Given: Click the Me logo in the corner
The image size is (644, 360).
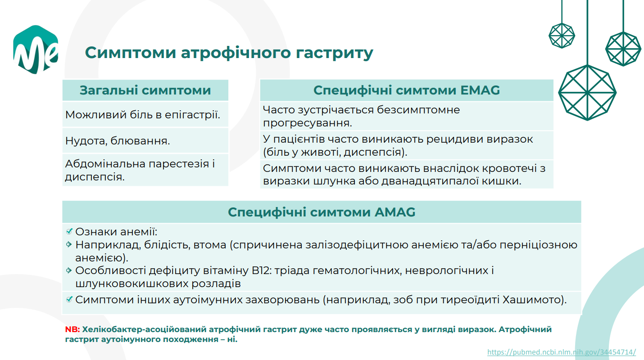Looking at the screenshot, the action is point(36,49).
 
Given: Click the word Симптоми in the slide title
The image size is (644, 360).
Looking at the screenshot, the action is point(131,53).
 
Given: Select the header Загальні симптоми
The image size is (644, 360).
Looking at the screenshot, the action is point(145,90).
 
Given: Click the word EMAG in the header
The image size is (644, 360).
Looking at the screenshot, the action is point(480,90).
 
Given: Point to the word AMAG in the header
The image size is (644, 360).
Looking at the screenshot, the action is point(395,212).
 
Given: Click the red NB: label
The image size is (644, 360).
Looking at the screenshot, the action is point(73,329).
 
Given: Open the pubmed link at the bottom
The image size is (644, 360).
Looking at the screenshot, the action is point(562,352).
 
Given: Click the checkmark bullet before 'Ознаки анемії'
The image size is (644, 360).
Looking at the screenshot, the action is point(69,231).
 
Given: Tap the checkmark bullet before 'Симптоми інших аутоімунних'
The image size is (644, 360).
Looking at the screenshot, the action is point(69,299).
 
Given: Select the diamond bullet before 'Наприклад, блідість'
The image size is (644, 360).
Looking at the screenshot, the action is point(69,244).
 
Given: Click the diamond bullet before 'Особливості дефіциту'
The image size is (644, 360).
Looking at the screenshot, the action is point(69,270).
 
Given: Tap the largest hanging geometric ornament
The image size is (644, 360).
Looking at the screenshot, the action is point(587,93).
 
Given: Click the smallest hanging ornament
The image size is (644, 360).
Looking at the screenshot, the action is point(562,36).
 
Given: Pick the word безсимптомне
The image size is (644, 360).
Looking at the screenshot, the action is point(418,110).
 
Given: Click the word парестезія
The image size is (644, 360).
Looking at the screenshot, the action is point(179,164).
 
